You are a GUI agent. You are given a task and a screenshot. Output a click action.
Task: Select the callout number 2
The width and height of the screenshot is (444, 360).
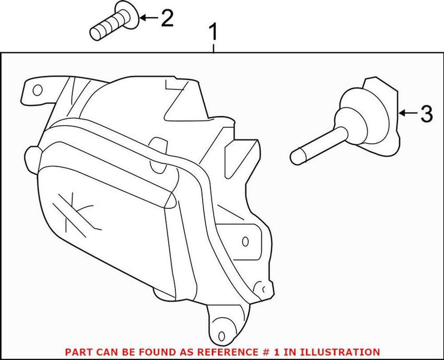tap(166, 18)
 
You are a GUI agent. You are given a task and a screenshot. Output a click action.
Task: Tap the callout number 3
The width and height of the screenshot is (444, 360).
tap(425, 114)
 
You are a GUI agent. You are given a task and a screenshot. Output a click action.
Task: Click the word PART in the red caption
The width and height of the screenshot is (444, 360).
tap(77, 352)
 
